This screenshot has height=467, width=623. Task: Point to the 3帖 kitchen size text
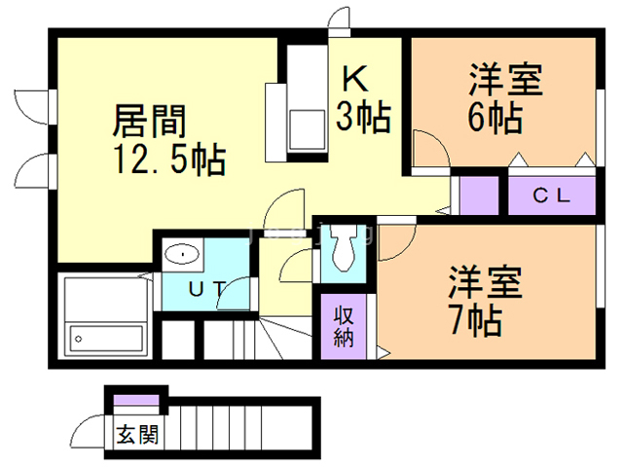[x=363, y=118]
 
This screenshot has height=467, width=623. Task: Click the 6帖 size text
[x=494, y=118]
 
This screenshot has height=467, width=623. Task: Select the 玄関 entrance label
[x=135, y=434]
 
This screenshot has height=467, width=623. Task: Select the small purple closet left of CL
[x=478, y=195]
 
